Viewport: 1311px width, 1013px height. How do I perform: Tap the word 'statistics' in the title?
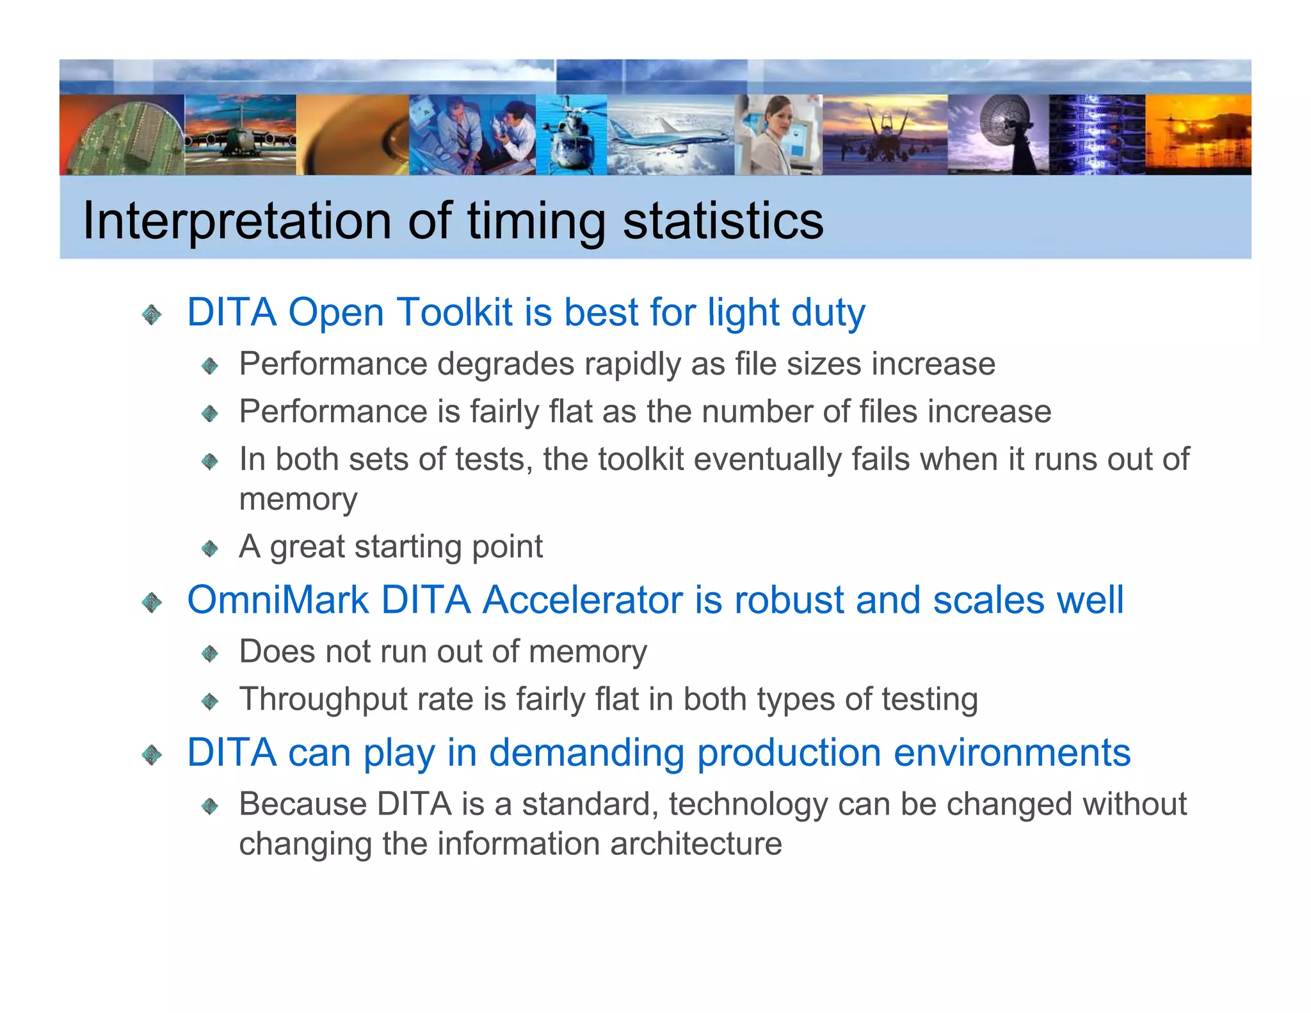[x=723, y=221]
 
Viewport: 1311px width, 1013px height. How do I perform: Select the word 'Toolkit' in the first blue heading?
[x=454, y=312]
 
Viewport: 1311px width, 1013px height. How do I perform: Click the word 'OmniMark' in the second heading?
[x=277, y=601]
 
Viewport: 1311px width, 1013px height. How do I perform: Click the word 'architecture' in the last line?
[x=696, y=844]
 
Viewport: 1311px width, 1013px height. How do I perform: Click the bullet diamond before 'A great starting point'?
[x=210, y=549]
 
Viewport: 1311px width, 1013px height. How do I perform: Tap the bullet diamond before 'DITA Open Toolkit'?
[x=152, y=314]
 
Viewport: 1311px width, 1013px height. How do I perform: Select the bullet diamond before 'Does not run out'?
[x=210, y=654]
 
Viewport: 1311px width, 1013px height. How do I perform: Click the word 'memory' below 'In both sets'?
[x=298, y=499]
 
